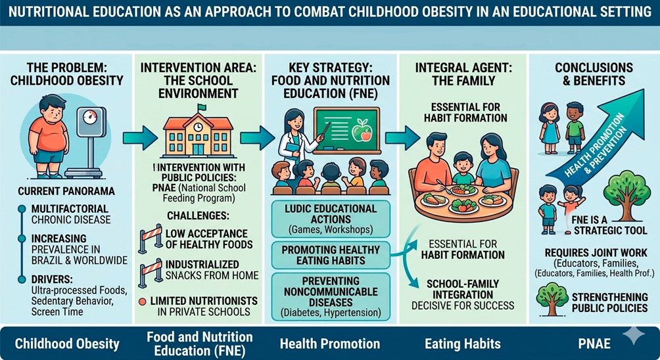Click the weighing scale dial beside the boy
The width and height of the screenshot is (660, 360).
(90, 116)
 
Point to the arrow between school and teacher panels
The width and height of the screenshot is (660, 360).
(257, 137)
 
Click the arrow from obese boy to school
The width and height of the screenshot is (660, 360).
(141, 137)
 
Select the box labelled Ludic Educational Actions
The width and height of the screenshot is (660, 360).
(331, 219)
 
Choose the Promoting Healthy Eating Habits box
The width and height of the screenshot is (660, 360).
(331, 256)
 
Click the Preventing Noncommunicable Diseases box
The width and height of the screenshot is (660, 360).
(331, 296)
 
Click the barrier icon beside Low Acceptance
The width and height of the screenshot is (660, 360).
(151, 238)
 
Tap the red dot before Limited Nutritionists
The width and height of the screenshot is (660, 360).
(142, 301)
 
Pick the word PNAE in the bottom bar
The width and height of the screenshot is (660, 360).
(594, 344)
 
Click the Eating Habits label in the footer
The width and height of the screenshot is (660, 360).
(463, 344)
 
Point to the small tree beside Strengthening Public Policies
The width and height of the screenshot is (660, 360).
(552, 299)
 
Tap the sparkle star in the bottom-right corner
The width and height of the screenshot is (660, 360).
(634, 334)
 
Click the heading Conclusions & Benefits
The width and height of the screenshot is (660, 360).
(594, 74)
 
